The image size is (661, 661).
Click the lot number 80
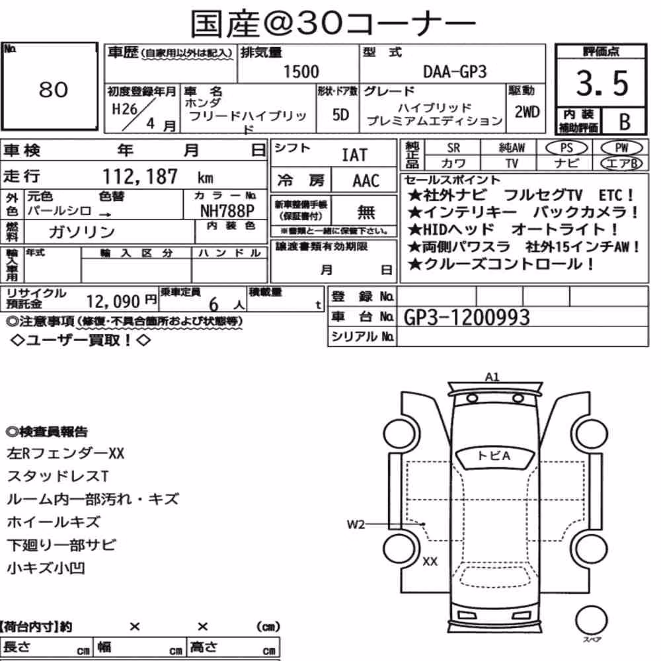point(53,89)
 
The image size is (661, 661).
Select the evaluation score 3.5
point(602,83)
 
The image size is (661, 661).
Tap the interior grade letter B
point(625,122)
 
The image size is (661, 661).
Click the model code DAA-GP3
point(455,72)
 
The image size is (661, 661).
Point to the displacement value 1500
point(301,71)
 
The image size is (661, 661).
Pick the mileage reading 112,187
point(140,176)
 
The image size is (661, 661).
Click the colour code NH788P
point(227,210)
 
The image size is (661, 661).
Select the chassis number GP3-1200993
point(467,317)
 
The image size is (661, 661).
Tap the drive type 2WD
point(527,112)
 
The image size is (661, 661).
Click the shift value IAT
point(354,155)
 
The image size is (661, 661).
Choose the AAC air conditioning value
point(366,181)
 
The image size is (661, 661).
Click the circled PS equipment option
point(566,148)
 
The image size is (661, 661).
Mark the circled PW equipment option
point(621,148)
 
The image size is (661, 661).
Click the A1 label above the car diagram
point(492,377)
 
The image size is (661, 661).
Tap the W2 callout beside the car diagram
point(356,524)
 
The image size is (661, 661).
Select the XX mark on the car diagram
point(430,561)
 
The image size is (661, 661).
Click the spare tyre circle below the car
point(591,620)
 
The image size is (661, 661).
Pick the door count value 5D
point(340,114)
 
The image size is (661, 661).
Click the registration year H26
point(124,109)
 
